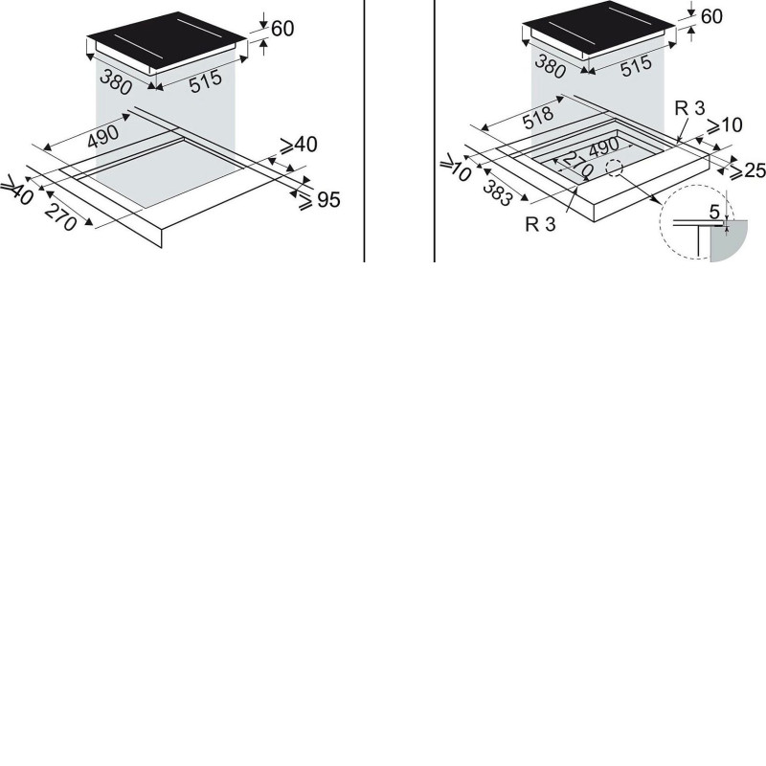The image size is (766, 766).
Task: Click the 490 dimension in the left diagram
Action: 103,136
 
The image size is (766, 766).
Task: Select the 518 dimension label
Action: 538,118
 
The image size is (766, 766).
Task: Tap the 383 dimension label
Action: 498,192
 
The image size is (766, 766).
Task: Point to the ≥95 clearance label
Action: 320,200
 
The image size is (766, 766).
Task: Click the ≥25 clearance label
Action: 747,170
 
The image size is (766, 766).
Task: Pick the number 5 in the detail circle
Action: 714,212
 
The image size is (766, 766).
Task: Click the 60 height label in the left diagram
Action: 282,29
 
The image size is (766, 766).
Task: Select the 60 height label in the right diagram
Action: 711,16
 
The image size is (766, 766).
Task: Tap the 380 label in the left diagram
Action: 116,81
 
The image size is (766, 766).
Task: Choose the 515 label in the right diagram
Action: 636,66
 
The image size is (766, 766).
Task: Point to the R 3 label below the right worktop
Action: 540,224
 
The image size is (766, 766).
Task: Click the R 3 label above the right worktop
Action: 689,108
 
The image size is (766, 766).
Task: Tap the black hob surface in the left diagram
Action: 167,39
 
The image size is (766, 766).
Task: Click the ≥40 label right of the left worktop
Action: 299,146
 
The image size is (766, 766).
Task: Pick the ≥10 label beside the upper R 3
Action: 725,125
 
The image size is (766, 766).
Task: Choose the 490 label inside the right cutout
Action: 604,147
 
